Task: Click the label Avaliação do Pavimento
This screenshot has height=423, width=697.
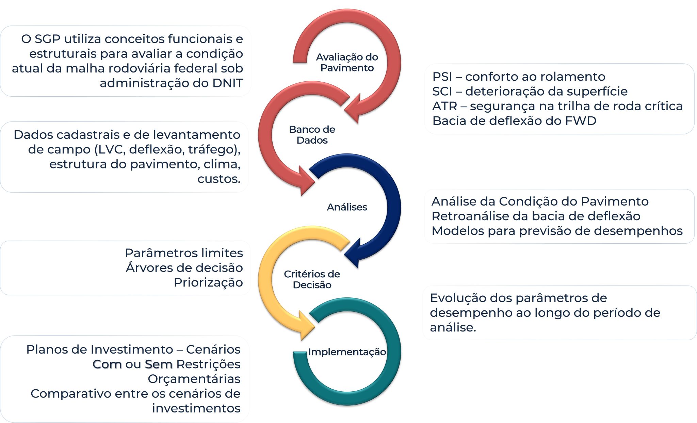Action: [347, 62]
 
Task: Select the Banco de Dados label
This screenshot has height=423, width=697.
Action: [312, 135]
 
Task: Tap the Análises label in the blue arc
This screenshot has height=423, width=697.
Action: [347, 207]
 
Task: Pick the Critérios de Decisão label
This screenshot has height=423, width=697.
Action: [312, 279]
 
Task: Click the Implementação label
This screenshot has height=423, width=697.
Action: [347, 352]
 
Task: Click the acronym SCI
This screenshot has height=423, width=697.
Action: [442, 91]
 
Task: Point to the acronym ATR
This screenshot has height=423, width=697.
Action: [444, 106]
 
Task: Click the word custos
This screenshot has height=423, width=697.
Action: [218, 179]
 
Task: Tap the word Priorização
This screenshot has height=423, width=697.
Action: [208, 282]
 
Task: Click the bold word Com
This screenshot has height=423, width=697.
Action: [107, 364]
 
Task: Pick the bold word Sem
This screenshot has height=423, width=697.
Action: [159, 364]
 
